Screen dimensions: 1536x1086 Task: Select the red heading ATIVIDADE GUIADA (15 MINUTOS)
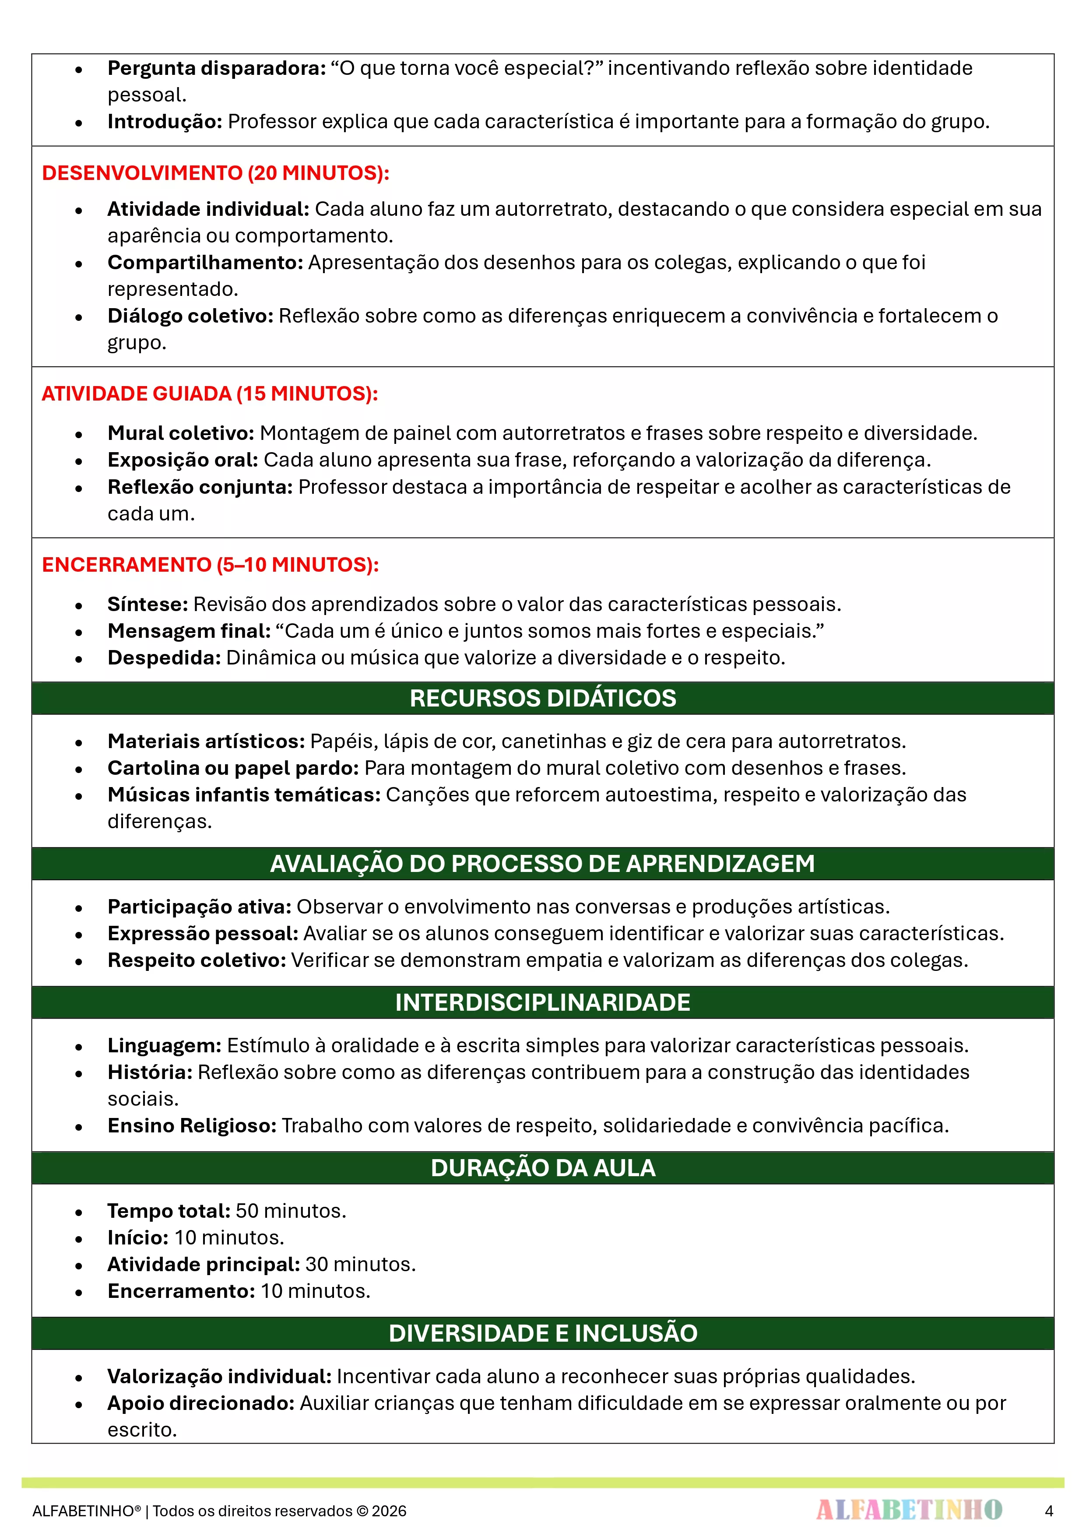(209, 394)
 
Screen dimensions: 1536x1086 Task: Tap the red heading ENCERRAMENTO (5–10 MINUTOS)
(210, 565)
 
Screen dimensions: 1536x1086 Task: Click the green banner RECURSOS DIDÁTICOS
(543, 699)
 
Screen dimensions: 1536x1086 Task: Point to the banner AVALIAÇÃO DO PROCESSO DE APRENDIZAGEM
(543, 864)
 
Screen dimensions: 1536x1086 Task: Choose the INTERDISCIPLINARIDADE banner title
(543, 1002)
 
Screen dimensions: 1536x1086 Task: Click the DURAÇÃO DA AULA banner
(543, 1168)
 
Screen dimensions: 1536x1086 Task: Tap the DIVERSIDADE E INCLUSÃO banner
(543, 1333)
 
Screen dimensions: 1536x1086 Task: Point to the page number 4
(1048, 1511)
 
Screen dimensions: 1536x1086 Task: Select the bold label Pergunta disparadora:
(217, 68)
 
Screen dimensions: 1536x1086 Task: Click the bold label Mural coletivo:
(181, 433)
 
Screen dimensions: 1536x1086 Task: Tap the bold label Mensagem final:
(189, 631)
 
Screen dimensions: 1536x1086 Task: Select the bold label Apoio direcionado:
(201, 1403)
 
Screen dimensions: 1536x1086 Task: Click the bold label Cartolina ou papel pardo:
(233, 768)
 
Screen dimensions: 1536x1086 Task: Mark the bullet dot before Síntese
(79, 605)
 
